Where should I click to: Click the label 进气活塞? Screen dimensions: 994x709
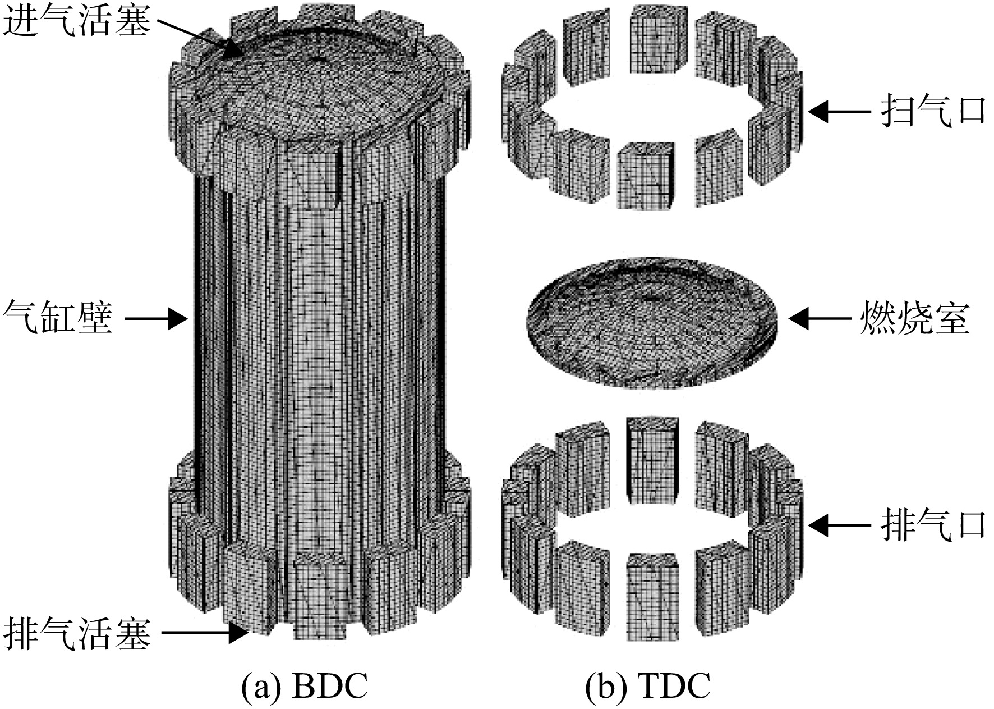[77, 21]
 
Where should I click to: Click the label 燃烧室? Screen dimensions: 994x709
[914, 318]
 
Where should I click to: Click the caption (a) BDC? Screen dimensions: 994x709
[305, 685]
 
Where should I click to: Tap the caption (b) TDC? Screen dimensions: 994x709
[647, 685]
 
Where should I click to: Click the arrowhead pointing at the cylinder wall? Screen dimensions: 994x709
[178, 319]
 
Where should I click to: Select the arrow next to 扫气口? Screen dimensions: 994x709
[839, 112]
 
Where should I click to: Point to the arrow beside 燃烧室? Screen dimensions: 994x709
[820, 318]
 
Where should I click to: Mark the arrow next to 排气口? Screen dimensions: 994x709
[839, 525]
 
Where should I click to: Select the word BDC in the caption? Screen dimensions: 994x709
[329, 685]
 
